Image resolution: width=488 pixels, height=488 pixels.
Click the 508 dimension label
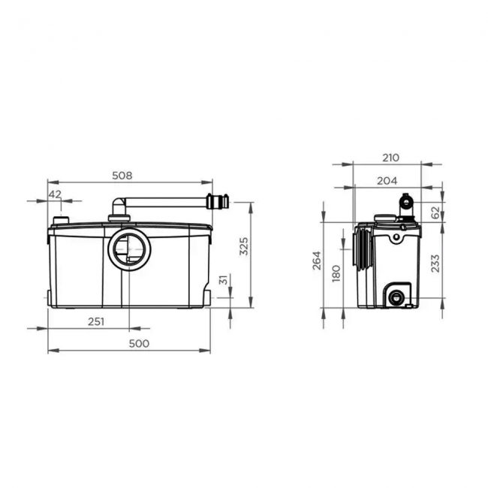pyautogui.click(x=122, y=175)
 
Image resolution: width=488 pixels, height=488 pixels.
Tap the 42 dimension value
pyautogui.click(x=55, y=194)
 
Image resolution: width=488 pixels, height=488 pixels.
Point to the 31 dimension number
pyautogui.click(x=222, y=280)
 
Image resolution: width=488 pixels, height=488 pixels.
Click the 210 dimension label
pyautogui.click(x=390, y=158)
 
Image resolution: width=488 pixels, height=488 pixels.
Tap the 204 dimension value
pyautogui.click(x=387, y=180)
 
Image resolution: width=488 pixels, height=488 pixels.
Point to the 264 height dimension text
pyautogui.click(x=318, y=261)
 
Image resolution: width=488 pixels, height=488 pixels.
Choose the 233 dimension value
pyautogui.click(x=436, y=263)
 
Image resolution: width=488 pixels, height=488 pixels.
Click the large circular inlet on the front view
pyautogui.click(x=128, y=249)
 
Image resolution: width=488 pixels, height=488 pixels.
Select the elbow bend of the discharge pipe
pyautogui.click(x=116, y=204)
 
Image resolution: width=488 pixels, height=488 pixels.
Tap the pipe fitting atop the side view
pyautogui.click(x=405, y=203)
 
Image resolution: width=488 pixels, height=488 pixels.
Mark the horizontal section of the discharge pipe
pyautogui.click(x=165, y=201)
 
